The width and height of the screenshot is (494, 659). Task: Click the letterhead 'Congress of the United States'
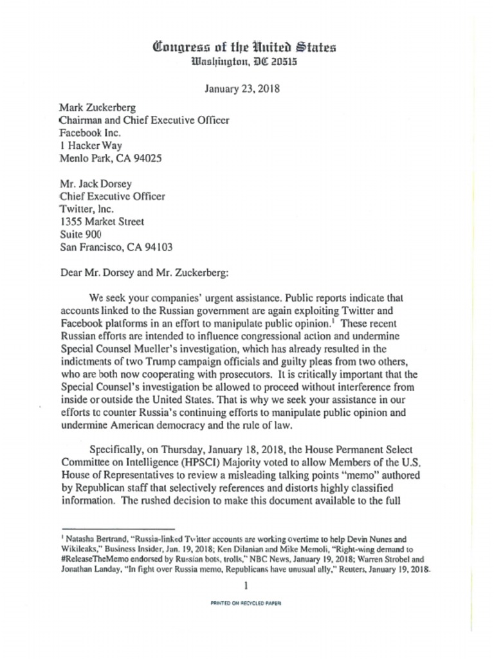(x=244, y=47)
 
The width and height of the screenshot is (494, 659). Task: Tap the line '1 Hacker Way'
(x=88, y=145)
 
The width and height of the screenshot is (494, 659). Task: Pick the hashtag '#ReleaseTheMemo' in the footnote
(x=89, y=557)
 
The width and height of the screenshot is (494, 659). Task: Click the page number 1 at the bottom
(x=246, y=585)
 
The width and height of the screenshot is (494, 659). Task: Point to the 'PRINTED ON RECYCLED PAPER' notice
(x=246, y=604)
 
